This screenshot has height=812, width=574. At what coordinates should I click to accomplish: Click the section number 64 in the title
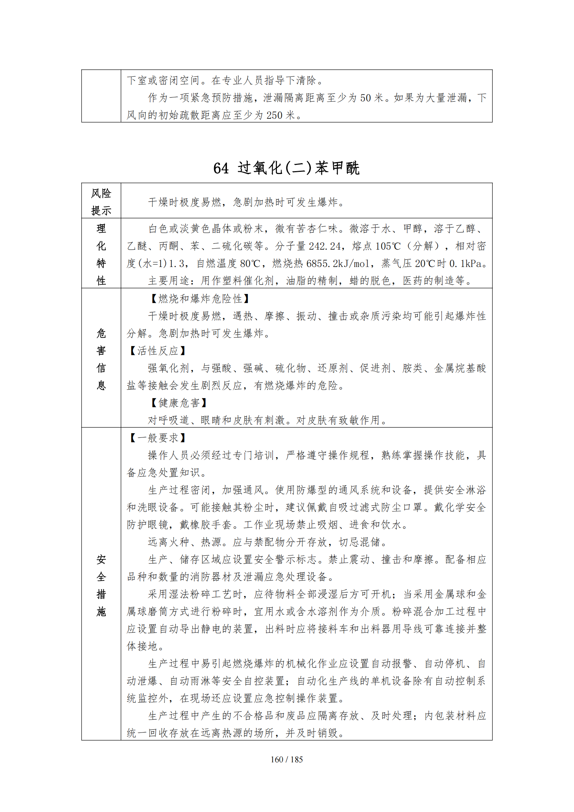221,168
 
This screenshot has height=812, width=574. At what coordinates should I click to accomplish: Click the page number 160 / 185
287,759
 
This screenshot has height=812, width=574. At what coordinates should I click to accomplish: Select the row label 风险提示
101,202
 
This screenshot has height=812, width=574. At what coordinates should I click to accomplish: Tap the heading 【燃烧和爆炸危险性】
200,299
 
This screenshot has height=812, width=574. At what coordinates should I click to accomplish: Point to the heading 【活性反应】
157,351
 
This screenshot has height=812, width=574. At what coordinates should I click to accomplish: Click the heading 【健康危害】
178,403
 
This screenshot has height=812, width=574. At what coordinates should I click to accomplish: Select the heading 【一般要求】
157,438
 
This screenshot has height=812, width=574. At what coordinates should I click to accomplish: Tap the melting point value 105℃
388,246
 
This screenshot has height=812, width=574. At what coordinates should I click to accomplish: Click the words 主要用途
169,281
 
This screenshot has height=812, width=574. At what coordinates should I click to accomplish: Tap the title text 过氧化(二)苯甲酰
299,168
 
